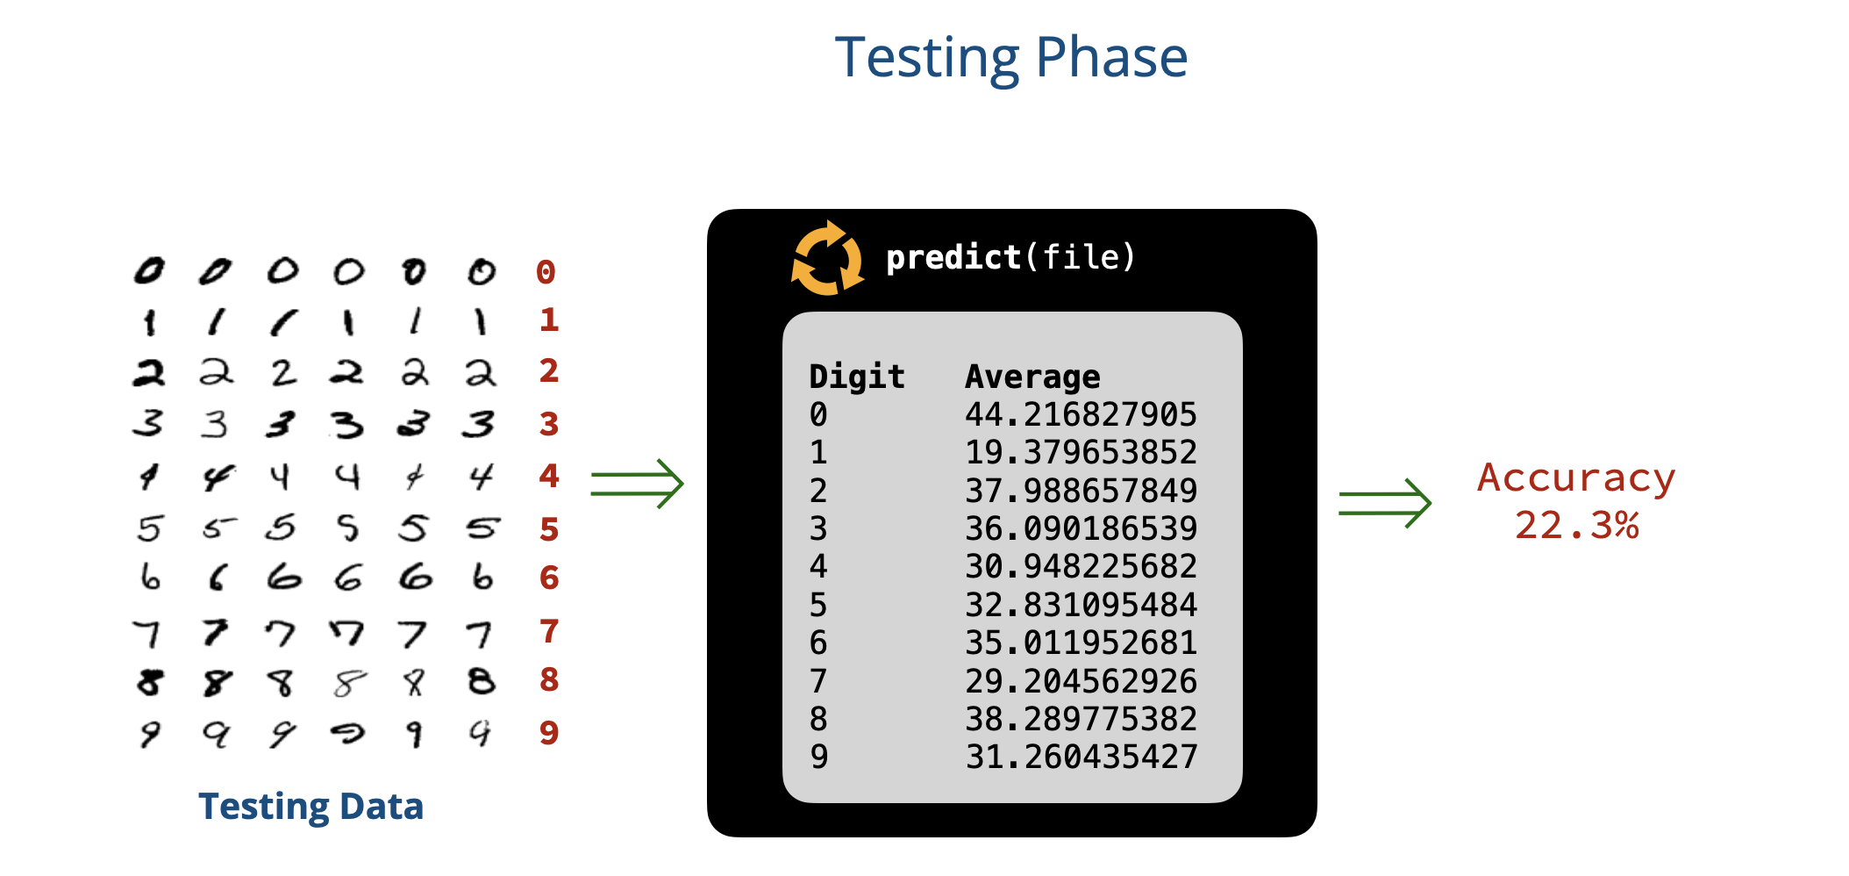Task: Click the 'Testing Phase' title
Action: tap(1011, 58)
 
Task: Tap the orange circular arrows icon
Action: tap(827, 258)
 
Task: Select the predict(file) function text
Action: tap(1010, 257)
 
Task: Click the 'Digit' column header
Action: tap(856, 377)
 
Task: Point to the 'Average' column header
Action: tap(1032, 377)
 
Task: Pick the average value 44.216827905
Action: tap(1081, 414)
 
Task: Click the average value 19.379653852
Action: tap(1081, 452)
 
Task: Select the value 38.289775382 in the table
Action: tap(1081, 719)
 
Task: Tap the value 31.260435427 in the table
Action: tap(1081, 757)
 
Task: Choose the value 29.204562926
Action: tap(1081, 681)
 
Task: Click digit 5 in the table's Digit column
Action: tap(818, 605)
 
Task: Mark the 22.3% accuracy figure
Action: tap(1576, 525)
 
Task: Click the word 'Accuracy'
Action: tap(1576, 478)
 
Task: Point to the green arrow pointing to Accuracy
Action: tap(1385, 503)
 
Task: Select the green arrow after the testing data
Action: tap(637, 484)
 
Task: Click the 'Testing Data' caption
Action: tap(311, 806)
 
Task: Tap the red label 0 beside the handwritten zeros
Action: tap(546, 272)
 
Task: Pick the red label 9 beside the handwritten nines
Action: tap(549, 732)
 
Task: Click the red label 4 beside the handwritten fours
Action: tap(549, 476)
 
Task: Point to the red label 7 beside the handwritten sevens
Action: tap(549, 631)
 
